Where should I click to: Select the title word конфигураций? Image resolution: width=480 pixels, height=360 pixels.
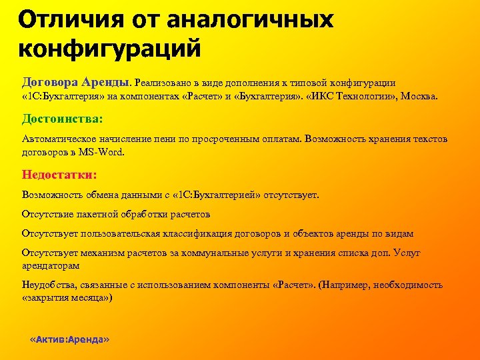(x=109, y=49)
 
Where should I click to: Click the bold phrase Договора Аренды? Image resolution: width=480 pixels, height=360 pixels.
(x=76, y=82)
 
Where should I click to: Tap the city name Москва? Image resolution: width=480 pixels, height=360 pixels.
(x=419, y=97)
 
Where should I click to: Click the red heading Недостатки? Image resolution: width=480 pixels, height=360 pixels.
(x=59, y=175)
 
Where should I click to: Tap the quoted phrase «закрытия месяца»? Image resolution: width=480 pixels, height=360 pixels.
(x=67, y=297)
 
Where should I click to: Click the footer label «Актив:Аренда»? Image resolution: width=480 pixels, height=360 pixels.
(x=70, y=339)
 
